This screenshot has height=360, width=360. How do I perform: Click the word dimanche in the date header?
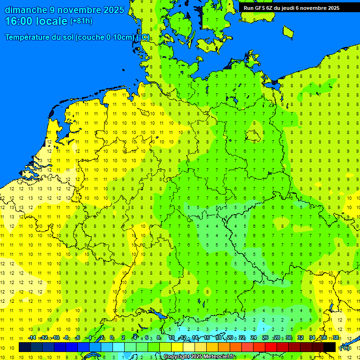(26, 10)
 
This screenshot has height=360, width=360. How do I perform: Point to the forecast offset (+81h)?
(81, 21)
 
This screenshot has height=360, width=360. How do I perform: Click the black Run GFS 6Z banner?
(292, 7)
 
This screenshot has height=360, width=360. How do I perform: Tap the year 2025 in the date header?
(113, 10)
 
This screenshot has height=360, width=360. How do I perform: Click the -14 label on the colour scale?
(31, 338)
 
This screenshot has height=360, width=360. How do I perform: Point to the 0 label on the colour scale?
(112, 338)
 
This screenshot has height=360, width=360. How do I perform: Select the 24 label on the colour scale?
(253, 338)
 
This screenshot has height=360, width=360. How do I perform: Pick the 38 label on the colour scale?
(336, 338)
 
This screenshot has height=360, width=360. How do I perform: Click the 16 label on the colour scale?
(206, 338)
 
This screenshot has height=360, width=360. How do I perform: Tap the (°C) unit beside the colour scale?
(345, 348)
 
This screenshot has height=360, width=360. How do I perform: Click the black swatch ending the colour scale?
(330, 347)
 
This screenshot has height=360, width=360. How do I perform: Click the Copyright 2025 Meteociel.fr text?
(199, 357)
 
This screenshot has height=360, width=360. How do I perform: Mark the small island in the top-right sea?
(288, 31)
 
